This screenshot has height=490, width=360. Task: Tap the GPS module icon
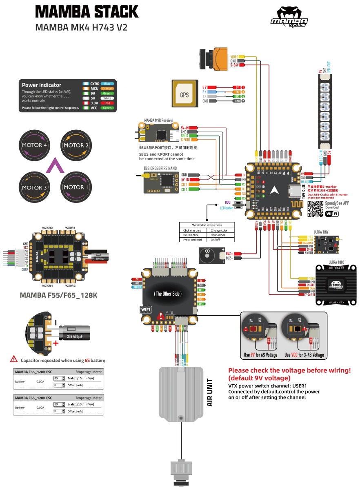pos(184,94)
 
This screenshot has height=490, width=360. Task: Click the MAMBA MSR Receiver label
pos(158,121)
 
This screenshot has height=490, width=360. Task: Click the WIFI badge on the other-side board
pos(146,310)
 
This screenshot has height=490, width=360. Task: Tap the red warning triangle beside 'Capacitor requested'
pos(14,360)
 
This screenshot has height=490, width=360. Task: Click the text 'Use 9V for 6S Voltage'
pos(260,355)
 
